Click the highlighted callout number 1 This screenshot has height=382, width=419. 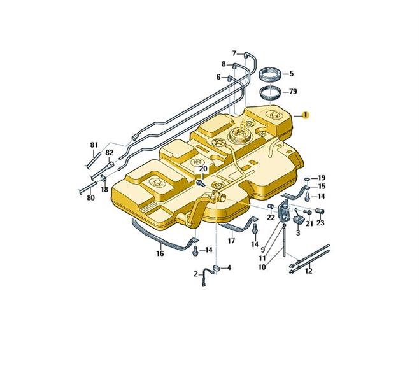[x=306, y=115]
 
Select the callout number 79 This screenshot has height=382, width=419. [x=293, y=92]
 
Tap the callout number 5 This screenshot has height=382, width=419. [x=291, y=74]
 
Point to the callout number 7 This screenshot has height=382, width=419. [x=234, y=53]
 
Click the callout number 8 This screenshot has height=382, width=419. [x=224, y=64]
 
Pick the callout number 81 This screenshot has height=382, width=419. [x=94, y=145]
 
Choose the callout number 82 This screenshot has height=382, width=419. [x=110, y=153]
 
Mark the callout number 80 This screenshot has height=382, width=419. [x=90, y=198]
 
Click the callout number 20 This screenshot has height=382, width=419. [x=203, y=169]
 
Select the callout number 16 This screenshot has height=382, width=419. [x=160, y=253]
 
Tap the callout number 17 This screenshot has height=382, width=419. [x=231, y=241]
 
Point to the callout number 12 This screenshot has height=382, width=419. [x=309, y=271]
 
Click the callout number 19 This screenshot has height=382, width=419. [x=322, y=178]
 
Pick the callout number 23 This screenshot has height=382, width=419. [x=320, y=223]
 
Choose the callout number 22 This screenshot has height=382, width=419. [x=271, y=218]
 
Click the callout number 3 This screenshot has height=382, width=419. [x=297, y=234]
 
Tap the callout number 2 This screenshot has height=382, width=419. [x=195, y=274]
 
